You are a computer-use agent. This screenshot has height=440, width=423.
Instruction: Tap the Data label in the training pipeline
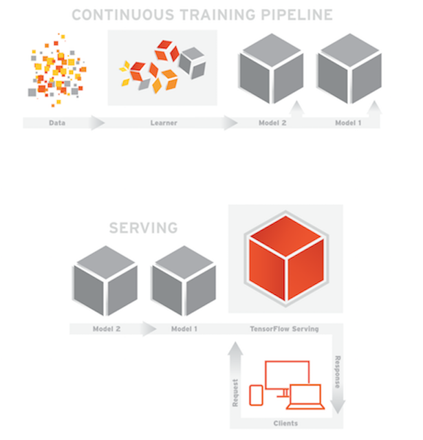[x=57, y=123]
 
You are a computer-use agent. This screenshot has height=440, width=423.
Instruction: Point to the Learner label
[x=164, y=123]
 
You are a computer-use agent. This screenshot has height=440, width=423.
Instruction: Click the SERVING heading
[x=143, y=228]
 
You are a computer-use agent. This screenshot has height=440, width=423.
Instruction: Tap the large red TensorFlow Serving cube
[x=285, y=258]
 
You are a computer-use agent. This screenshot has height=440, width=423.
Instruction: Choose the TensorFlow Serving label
[x=284, y=329]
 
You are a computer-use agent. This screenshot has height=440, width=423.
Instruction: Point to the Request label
[x=236, y=393]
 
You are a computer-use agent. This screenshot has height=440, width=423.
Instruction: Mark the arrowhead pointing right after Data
[x=98, y=123]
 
